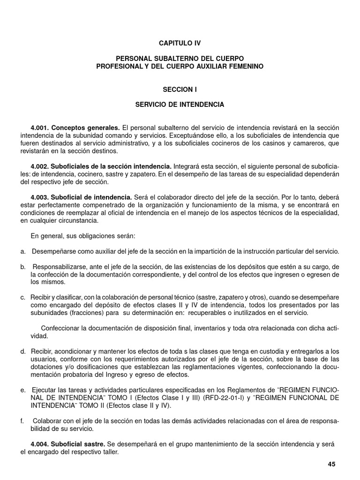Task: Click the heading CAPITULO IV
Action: coord(180,43)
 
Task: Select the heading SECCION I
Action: coord(180,89)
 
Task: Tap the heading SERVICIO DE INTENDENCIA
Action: coord(180,105)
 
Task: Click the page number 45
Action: coord(332,464)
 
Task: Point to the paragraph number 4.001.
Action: coord(39,127)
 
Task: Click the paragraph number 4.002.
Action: coord(39,166)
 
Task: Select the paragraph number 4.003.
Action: coord(39,197)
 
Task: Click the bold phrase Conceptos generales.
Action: coord(86,127)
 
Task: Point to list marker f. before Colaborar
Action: coord(22,421)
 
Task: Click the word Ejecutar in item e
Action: coord(43,390)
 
